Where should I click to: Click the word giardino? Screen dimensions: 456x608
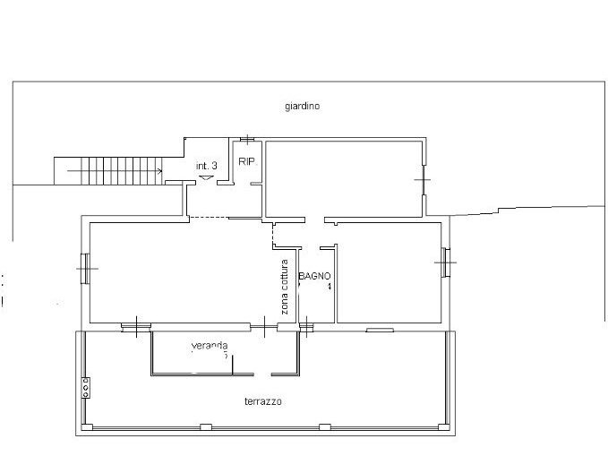(303, 106)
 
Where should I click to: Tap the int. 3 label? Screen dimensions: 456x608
(207, 165)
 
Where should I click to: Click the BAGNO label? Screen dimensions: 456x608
(315, 277)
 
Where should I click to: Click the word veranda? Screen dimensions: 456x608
(210, 346)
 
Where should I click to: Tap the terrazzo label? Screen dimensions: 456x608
(262, 402)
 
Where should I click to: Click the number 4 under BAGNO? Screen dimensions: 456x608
(329, 287)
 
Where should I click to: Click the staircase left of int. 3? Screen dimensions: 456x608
(107, 170)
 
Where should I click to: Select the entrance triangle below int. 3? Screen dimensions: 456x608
(207, 177)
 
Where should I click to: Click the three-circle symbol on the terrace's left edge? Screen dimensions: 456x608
(85, 387)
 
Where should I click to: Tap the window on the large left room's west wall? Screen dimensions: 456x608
(84, 268)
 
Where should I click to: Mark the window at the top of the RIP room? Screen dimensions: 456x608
(247, 139)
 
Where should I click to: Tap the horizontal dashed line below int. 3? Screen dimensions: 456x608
(209, 218)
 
